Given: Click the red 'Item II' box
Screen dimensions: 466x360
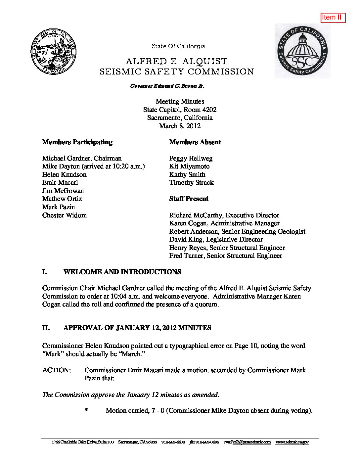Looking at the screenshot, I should pos(333,18).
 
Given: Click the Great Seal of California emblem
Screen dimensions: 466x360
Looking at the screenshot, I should pos(53,52).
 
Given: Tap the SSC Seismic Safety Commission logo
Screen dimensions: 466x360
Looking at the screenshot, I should pos(302,51).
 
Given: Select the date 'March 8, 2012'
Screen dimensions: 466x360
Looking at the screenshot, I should pos(180,126).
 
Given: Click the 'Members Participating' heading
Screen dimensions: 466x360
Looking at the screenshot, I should pos(77,142).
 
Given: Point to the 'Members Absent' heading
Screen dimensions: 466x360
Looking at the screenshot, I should pos(195,142).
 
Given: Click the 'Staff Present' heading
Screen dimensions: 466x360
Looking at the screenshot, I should pos(189,199).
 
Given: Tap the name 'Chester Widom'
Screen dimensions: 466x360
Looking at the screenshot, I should pos(64,215).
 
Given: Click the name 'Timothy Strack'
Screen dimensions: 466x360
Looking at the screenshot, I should pos(191,183).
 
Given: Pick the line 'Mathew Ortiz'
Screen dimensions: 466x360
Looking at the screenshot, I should pos(62,199).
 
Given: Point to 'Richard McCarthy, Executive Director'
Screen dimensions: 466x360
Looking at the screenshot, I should pos(224,215).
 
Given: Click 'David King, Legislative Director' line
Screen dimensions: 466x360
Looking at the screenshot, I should pos(216,240).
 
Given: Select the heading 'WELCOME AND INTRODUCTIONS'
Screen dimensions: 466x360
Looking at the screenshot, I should pos(122,272).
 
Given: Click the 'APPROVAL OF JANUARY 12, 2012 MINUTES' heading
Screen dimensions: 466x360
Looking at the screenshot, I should pos(137,328).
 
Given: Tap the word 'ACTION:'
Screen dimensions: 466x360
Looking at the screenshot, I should pos(57,370).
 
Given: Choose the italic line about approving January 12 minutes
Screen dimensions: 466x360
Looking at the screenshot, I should pos(130,395).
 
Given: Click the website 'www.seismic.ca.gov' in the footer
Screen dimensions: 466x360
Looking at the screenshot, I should pos(292,442).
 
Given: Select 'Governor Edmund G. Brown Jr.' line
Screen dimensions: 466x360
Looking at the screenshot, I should pos(167,86).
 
